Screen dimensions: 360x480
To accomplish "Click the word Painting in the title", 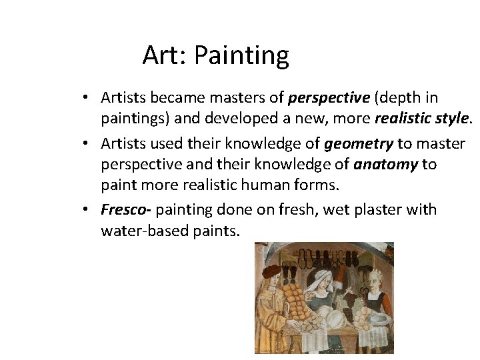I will [x=241, y=56].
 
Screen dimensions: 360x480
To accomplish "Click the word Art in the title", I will [x=163, y=55].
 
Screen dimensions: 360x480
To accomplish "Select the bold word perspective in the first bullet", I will [x=329, y=98].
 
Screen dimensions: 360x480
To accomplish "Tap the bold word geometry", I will [x=359, y=143].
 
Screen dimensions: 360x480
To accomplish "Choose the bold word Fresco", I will [x=125, y=210].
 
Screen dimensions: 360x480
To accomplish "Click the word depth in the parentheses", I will [x=398, y=98].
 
